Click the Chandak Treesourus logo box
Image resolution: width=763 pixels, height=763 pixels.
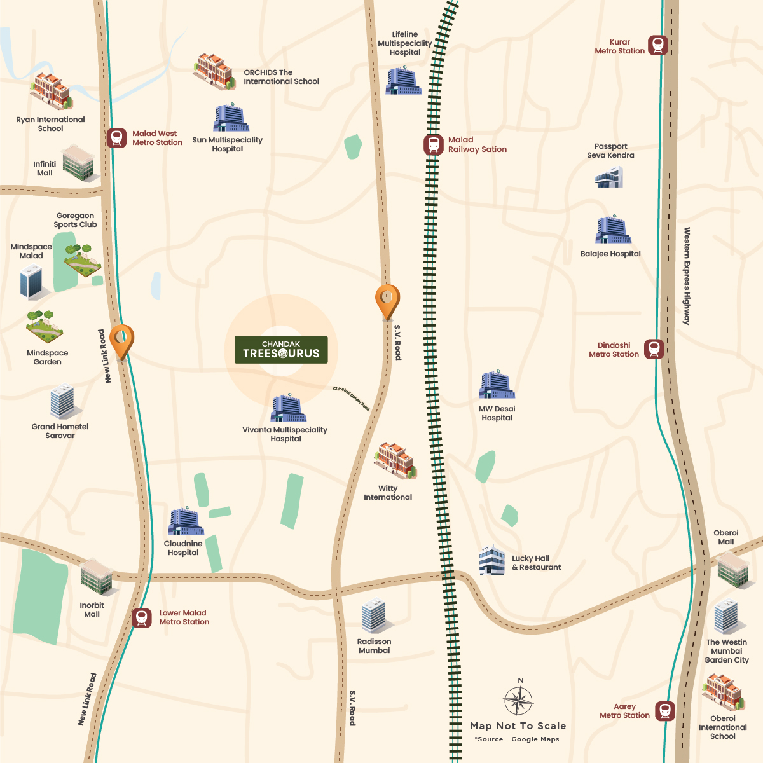[x=281, y=350]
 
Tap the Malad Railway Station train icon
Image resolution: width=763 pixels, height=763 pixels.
[x=434, y=145]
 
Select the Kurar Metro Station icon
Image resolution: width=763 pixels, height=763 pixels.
[x=658, y=45]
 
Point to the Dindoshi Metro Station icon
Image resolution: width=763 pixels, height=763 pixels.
[x=654, y=349]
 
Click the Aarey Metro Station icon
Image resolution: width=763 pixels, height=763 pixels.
[x=665, y=711]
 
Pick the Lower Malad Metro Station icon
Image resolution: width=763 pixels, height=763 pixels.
[x=142, y=617]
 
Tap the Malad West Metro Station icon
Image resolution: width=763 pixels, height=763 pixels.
[x=116, y=138]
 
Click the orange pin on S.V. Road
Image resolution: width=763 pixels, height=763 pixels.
[x=387, y=301]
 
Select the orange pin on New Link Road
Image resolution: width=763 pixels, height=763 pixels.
[x=121, y=341]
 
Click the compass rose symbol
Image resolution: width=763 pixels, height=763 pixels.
[x=519, y=701]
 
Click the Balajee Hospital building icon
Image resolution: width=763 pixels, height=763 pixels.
[x=613, y=230]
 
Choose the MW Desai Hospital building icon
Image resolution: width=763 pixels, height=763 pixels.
[x=497, y=385]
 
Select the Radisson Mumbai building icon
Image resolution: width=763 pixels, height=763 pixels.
[x=374, y=616]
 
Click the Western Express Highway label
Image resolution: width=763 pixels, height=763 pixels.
[x=687, y=276]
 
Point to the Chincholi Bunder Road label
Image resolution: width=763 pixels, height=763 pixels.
[x=351, y=398]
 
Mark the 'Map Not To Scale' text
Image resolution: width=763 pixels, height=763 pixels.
[x=518, y=726]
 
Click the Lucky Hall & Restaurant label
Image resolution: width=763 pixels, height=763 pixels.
[x=536, y=563]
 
